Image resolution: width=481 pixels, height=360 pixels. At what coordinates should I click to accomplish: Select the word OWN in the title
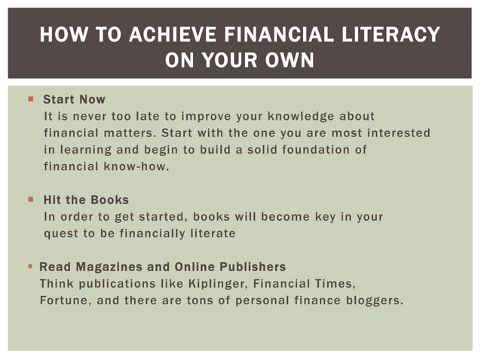coord(289,59)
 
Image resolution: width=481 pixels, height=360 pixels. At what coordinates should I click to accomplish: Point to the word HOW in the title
coord(57,35)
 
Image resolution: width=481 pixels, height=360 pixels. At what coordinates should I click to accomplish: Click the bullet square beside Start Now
coord(31,99)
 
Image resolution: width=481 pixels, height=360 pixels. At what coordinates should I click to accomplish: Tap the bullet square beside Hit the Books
coord(31,200)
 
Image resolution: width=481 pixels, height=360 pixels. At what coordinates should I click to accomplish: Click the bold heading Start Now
coord(74,99)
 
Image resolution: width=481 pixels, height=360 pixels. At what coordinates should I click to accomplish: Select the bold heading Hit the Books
coord(86,200)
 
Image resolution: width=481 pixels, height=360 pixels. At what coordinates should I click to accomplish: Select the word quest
coord(60,233)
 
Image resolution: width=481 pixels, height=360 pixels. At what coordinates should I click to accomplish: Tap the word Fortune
coord(63,301)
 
